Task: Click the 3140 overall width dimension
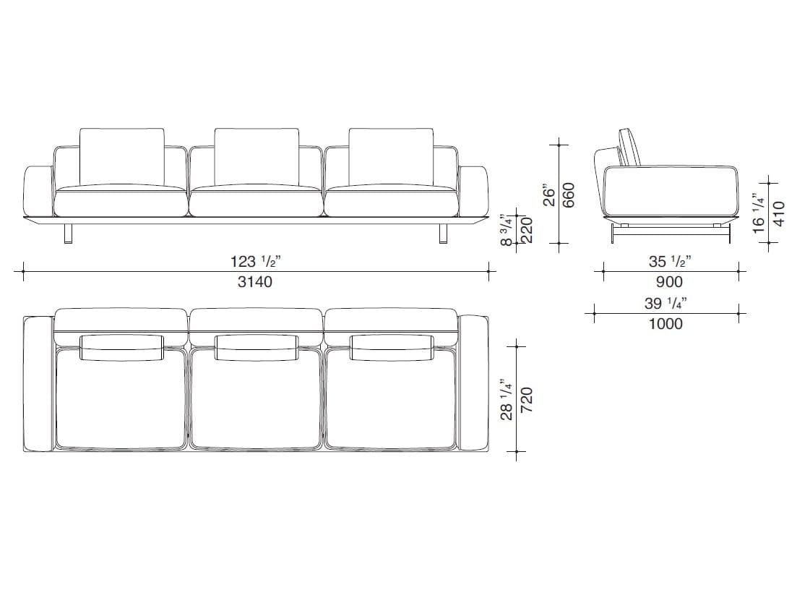coord(254,282)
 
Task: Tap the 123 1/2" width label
coord(256,261)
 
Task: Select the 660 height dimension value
coord(568,195)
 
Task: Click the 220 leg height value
coord(527,231)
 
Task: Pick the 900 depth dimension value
coord(669,282)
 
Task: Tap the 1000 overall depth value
coord(666,323)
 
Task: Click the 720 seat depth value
coord(527,400)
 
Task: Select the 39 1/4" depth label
coord(666,303)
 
